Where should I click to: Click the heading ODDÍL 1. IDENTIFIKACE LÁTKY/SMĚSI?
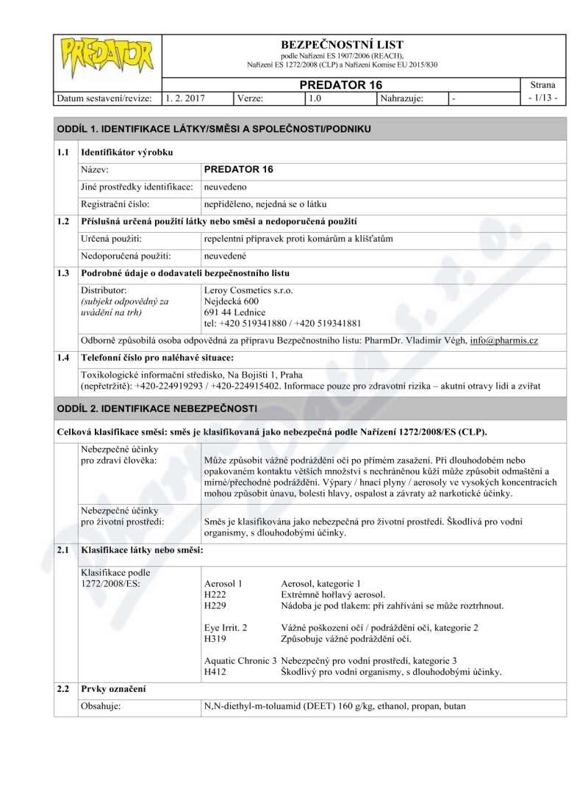pyautogui.click(x=214, y=129)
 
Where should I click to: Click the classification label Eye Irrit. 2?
pyautogui.click(x=226, y=628)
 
